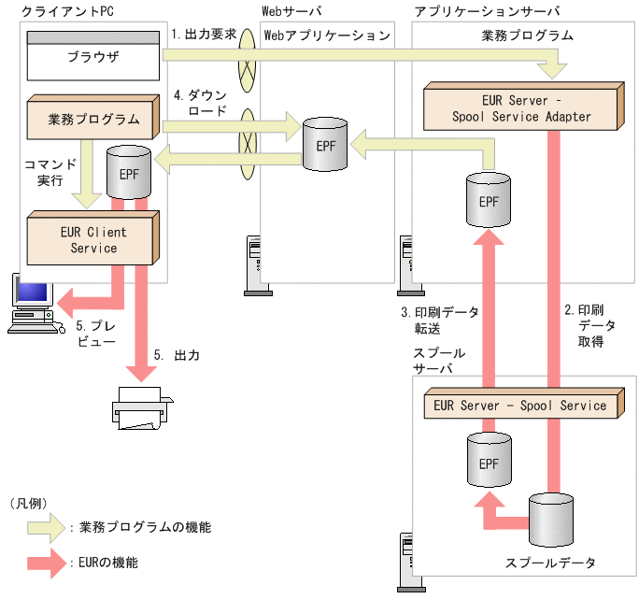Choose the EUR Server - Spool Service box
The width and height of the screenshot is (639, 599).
tap(520, 406)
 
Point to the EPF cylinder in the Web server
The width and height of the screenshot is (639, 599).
tap(323, 146)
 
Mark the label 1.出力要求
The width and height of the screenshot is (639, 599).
tap(203, 33)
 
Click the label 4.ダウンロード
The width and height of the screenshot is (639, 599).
tap(201, 103)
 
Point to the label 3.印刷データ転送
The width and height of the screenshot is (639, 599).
tap(439, 320)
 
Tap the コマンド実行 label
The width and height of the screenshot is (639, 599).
tap(45, 172)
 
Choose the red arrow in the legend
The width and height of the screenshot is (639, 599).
tap(46, 563)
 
